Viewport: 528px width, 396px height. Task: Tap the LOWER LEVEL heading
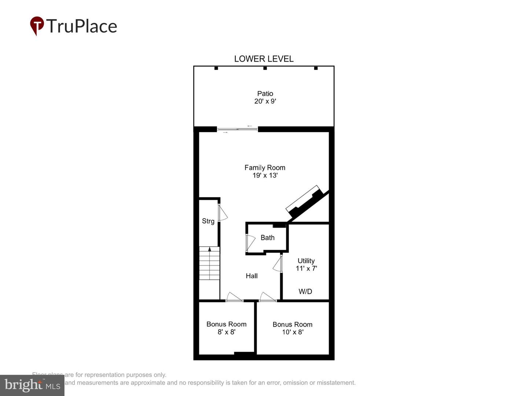tap(264, 59)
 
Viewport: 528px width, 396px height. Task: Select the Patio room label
tap(265, 93)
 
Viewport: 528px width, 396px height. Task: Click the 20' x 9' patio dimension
tap(265, 101)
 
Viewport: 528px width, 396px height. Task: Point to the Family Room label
tap(265, 168)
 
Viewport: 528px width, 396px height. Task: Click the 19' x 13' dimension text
tap(265, 175)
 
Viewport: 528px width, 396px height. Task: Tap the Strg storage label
tap(208, 221)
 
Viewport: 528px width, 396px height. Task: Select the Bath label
tap(267, 238)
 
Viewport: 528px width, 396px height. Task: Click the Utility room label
tap(306, 261)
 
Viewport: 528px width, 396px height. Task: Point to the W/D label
tap(305, 291)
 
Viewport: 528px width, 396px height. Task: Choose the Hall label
tap(252, 276)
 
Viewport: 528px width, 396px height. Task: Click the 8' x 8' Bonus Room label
tap(226, 324)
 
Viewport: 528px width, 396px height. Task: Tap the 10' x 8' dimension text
tap(293, 332)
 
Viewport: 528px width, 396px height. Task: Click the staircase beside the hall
tap(209, 263)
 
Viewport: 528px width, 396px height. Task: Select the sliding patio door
tap(237, 129)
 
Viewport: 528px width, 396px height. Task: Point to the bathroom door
tap(250, 242)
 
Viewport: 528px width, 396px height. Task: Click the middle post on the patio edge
tap(265, 68)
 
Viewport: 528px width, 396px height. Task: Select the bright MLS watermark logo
tap(32, 385)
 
